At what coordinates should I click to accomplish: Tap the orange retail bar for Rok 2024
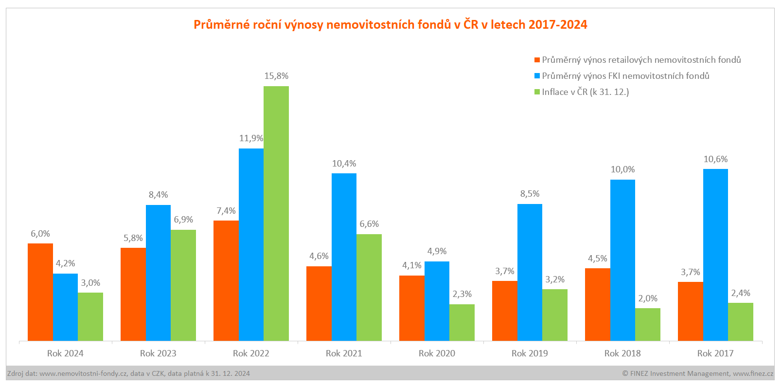(40, 292)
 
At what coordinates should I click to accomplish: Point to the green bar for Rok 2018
(648, 324)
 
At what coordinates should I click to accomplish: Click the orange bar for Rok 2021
(319, 303)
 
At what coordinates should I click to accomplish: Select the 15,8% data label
(276, 76)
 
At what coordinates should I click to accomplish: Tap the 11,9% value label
(251, 138)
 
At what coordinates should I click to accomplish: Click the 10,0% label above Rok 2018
(622, 169)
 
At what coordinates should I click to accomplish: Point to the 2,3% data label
(462, 294)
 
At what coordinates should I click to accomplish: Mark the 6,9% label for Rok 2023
(183, 220)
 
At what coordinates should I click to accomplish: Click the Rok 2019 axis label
(530, 353)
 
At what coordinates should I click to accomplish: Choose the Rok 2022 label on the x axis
(251, 353)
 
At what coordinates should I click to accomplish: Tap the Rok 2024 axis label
(65, 353)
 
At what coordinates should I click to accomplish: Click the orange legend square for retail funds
(537, 60)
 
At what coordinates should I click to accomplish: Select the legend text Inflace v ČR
(586, 92)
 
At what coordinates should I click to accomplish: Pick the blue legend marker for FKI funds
(537, 76)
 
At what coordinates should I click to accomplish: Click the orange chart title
(391, 24)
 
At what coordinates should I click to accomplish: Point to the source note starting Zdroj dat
(128, 373)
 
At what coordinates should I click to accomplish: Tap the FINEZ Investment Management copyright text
(697, 373)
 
